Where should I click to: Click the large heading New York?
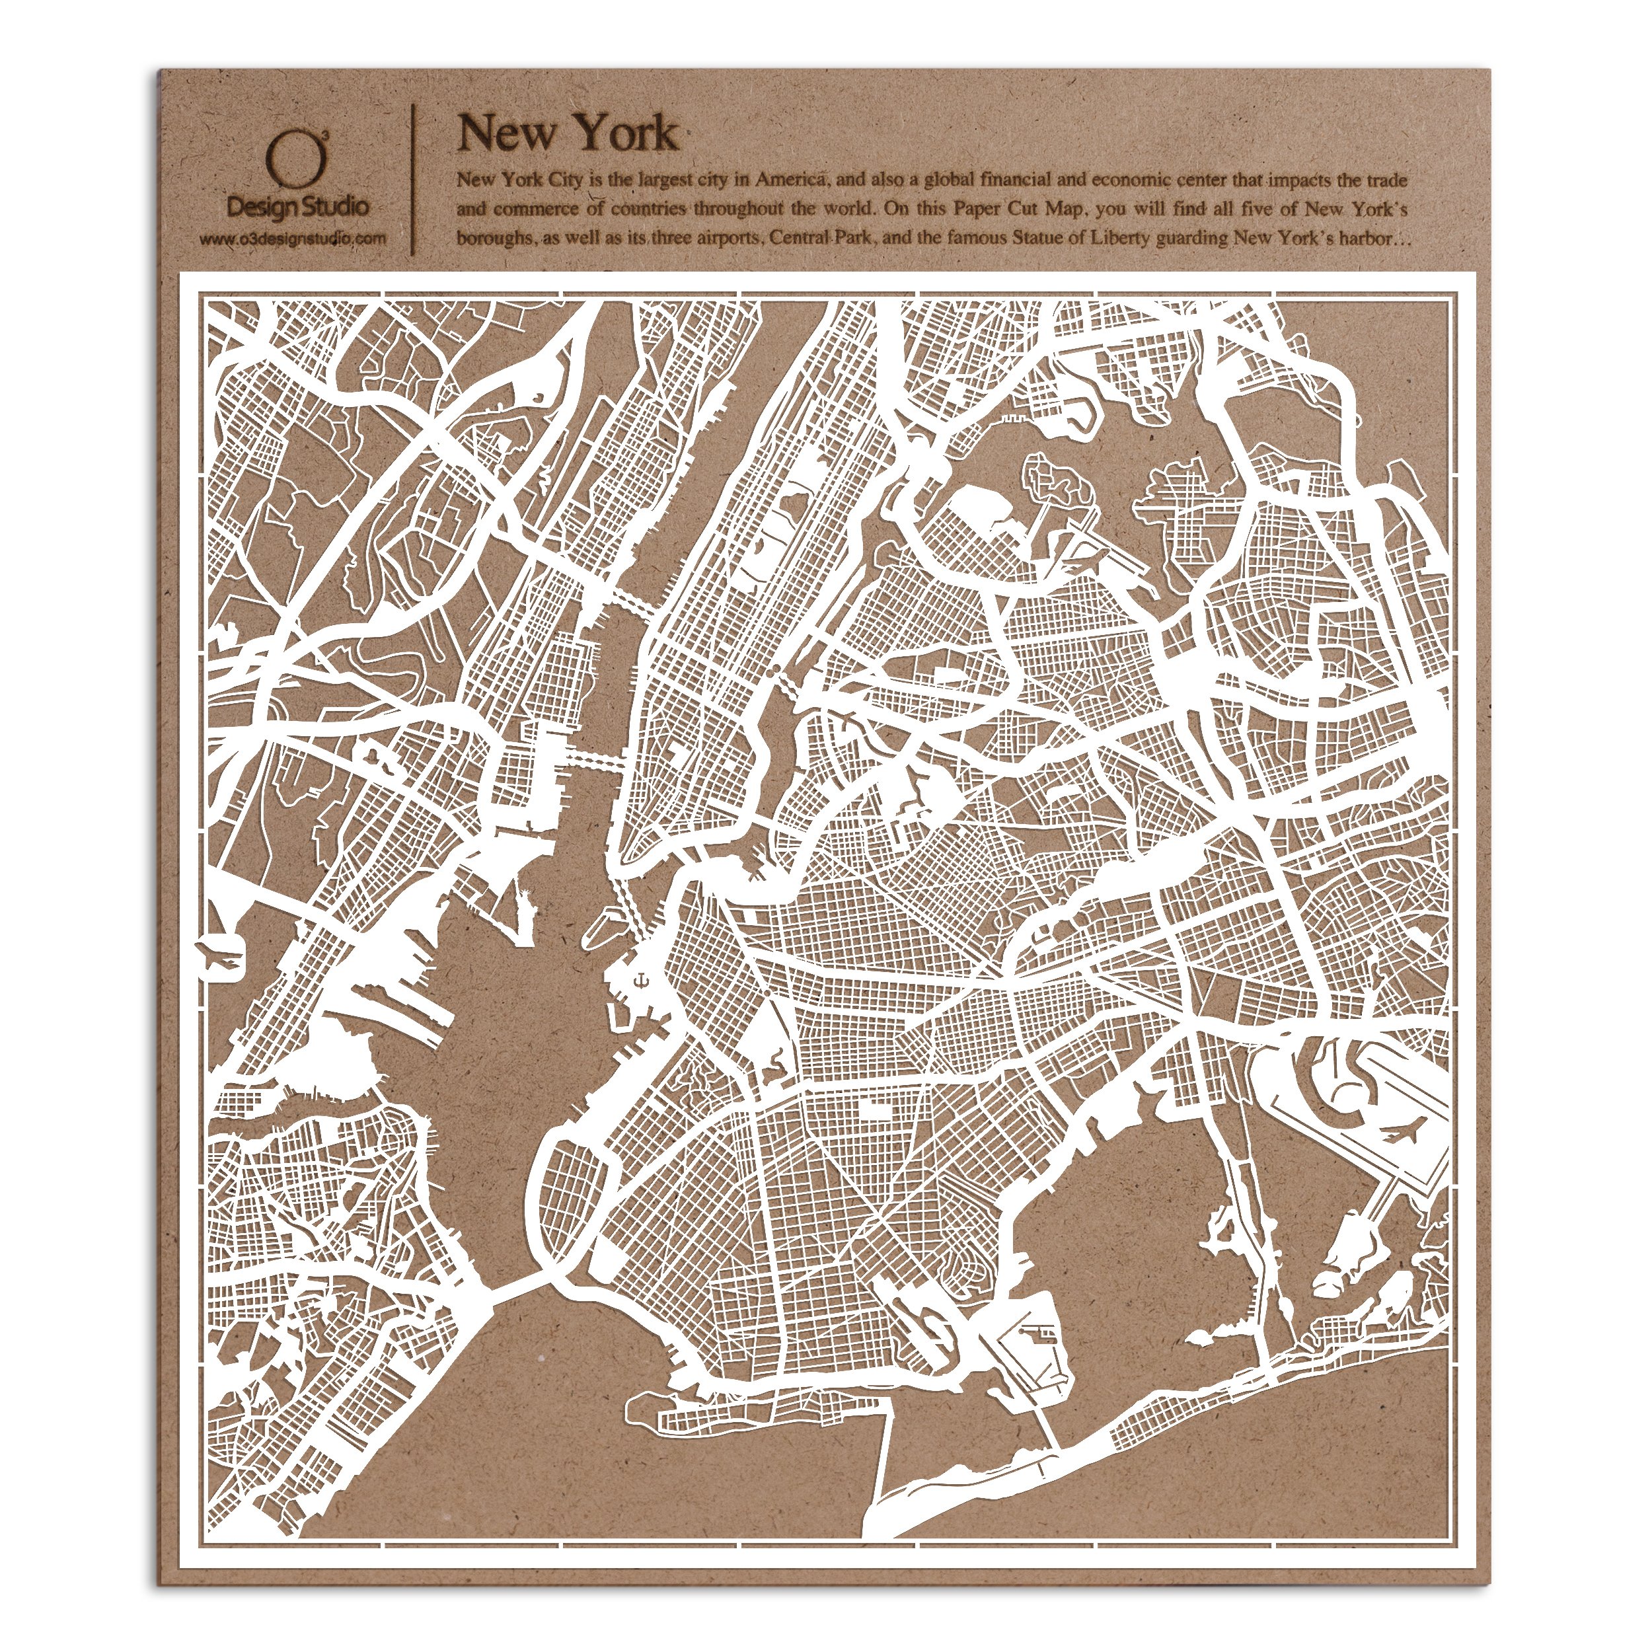click(x=567, y=134)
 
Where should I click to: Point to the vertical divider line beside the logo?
click(x=415, y=180)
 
